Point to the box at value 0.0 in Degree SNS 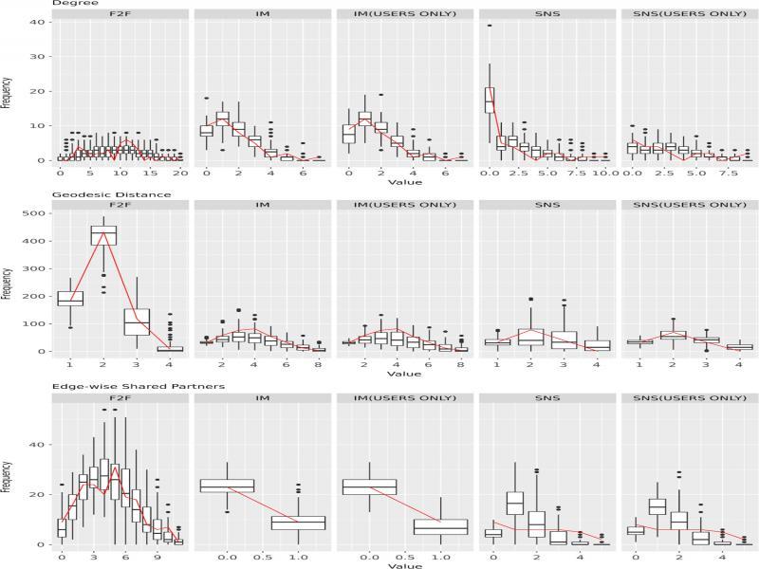coord(490,100)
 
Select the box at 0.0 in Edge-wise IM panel coord(228,486)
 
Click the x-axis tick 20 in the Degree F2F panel coord(180,175)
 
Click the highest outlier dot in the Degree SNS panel coord(490,26)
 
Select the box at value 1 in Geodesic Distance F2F coord(70,298)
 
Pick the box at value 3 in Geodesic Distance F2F coord(137,322)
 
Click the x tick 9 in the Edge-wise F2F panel coord(157,559)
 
